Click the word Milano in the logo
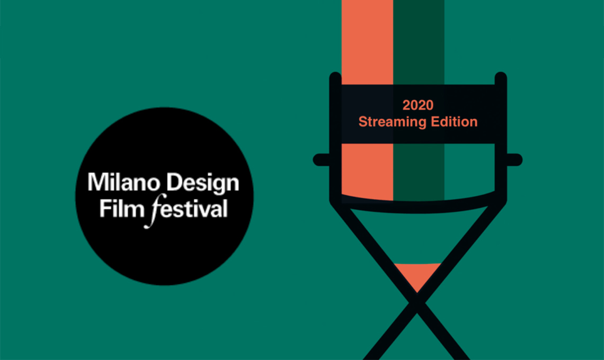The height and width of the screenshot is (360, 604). point(123,182)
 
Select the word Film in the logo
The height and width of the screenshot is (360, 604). point(122,209)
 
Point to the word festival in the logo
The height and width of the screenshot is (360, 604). point(186,210)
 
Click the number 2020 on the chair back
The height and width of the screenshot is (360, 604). point(418,105)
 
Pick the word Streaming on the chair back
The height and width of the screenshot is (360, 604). point(392,122)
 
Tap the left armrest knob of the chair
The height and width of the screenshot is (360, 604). point(321,160)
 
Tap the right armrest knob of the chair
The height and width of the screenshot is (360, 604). point(514,160)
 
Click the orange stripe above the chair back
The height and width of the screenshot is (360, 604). point(367,42)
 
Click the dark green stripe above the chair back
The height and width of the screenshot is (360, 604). point(419,42)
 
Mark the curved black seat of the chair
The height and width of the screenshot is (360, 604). point(418,204)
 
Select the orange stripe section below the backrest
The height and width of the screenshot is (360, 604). point(367,172)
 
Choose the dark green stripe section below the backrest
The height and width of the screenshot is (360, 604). point(419,172)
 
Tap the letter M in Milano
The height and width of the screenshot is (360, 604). point(96,182)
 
